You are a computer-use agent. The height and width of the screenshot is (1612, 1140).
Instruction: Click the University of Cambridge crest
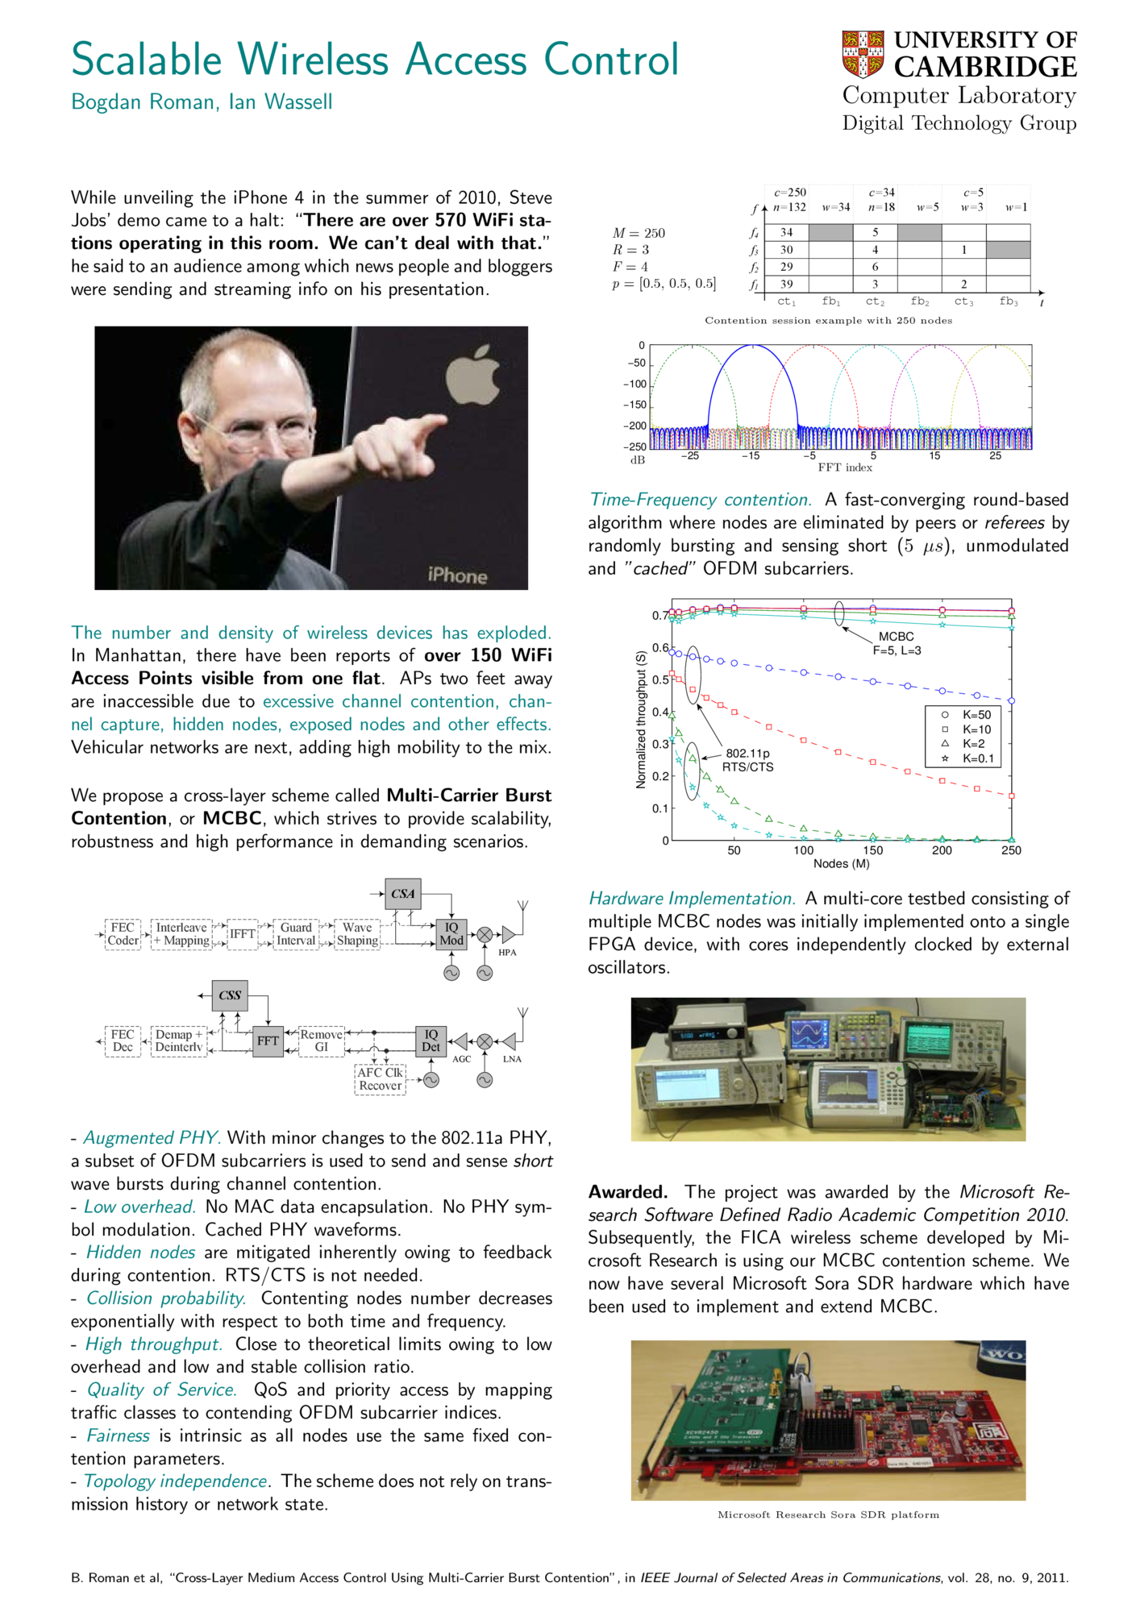pos(863,54)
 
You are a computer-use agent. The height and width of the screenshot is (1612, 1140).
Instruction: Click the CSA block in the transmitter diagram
pos(402,894)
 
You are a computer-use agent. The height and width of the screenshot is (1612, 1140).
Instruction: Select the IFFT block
pos(242,934)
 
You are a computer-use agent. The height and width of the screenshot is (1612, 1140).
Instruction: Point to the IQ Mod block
pos(451,934)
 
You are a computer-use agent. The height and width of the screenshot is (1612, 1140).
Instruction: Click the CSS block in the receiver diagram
pos(230,995)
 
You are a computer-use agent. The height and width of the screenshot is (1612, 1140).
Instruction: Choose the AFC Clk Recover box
pos(380,1079)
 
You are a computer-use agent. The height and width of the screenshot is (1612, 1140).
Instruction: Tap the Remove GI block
pos(321,1041)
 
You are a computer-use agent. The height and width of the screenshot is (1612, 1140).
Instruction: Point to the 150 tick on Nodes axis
pos(873,850)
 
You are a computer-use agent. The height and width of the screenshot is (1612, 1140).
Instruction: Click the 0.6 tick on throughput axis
pos(661,648)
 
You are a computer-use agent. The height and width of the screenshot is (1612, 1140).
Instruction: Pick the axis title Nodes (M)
pos(841,864)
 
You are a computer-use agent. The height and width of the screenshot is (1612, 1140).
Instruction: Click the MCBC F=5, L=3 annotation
pos(897,643)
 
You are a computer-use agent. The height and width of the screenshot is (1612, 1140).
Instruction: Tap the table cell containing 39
pos(786,285)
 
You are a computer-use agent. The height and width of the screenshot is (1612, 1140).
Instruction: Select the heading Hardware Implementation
pos(691,899)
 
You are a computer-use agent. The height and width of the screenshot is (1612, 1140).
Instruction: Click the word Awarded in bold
pos(627,1192)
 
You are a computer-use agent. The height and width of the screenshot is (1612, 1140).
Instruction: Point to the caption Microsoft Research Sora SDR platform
pos(828,1514)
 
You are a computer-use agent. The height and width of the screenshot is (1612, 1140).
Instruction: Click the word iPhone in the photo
pos(457,575)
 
